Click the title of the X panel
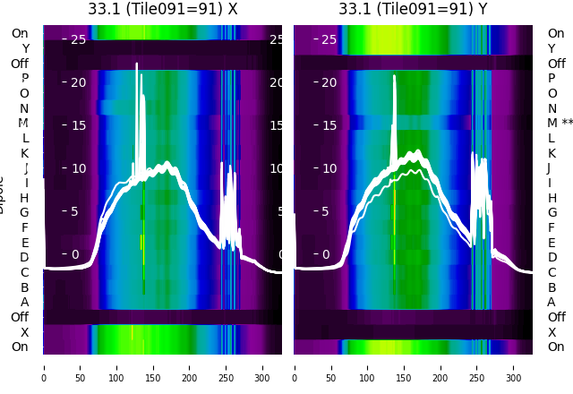[x=163, y=9]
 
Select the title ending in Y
[x=413, y=9]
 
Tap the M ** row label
[x=560, y=123]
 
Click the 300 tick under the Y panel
[x=514, y=366]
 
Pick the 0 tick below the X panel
[x=44, y=366]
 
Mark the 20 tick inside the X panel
[x=78, y=82]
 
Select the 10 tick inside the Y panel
[x=329, y=168]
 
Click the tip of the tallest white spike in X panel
[x=137, y=64]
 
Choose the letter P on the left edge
[x=25, y=78]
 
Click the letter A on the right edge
[x=552, y=302]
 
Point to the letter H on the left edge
[x=25, y=198]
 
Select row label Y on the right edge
[x=552, y=48]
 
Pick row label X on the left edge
[x=25, y=332]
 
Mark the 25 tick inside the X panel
[x=78, y=39]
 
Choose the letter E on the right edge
[x=552, y=243]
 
